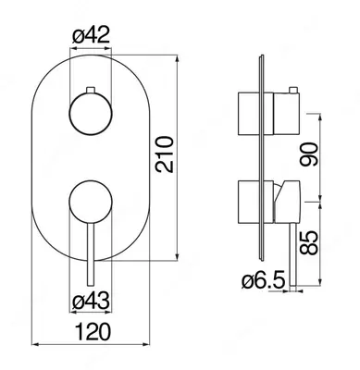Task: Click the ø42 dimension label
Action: (x=91, y=36)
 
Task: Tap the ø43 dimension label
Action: (x=91, y=301)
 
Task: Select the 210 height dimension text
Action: (x=165, y=154)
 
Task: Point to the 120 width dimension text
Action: (x=93, y=331)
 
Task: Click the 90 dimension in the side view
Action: (x=309, y=154)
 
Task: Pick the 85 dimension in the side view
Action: (x=309, y=243)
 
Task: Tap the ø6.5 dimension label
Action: (x=263, y=281)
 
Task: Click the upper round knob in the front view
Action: (x=91, y=114)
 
